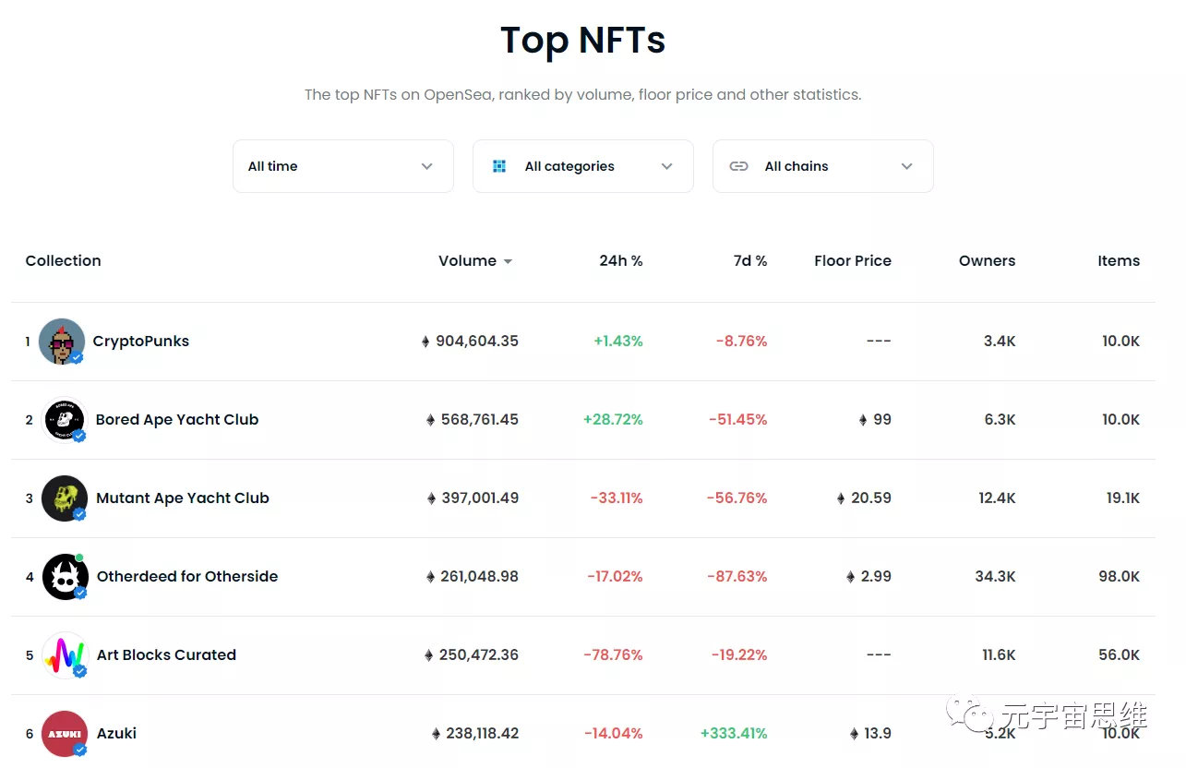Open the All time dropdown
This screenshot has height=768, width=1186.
click(x=342, y=166)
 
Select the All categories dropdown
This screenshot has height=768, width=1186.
click(x=582, y=166)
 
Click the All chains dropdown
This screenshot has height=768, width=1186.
click(x=822, y=166)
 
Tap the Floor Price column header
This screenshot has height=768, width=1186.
click(x=852, y=261)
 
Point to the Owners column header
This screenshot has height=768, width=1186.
click(x=987, y=261)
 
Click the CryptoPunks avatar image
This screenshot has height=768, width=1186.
click(x=62, y=342)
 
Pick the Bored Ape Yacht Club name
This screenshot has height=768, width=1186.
click(x=177, y=420)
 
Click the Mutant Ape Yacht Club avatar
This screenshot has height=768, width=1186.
click(x=65, y=498)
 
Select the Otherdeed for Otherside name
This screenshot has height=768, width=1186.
click(x=187, y=577)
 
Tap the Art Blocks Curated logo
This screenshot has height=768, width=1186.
click(x=65, y=655)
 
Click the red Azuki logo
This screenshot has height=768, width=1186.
click(x=65, y=734)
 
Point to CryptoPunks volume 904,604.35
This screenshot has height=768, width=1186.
click(x=476, y=342)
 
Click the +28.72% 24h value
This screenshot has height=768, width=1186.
click(x=613, y=420)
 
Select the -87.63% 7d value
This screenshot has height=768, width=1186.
click(x=737, y=577)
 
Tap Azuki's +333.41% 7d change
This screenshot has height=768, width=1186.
click(x=734, y=734)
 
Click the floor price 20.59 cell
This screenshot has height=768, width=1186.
click(x=870, y=498)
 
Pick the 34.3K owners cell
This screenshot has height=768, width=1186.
click(x=995, y=577)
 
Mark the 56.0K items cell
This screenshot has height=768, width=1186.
click(x=1119, y=655)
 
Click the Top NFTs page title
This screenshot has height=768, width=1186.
click(x=582, y=41)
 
